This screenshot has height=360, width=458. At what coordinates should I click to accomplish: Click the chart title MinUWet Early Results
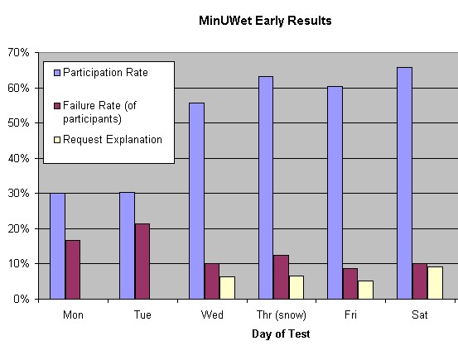coord(265,21)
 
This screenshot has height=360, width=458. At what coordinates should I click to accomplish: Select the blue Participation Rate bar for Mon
coord(57,246)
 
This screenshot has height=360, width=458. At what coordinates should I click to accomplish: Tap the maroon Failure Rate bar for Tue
coord(142,262)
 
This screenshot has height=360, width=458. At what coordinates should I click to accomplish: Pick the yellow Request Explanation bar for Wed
coord(227,288)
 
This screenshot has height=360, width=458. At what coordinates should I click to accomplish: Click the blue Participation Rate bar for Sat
coord(404,184)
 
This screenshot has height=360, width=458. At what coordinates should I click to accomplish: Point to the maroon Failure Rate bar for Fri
coord(350,284)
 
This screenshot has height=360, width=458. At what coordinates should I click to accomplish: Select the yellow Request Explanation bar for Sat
coord(435,283)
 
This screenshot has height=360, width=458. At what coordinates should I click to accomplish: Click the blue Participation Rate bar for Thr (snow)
coord(266,188)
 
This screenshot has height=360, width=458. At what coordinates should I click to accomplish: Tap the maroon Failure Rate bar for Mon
coord(73,270)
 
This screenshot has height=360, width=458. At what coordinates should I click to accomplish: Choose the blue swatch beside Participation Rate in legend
coord(57,73)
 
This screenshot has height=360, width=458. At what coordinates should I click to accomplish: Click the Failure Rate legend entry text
coord(99,112)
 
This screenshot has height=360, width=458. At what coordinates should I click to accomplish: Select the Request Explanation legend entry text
coord(113,140)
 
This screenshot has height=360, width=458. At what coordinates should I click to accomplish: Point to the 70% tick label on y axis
coord(18,53)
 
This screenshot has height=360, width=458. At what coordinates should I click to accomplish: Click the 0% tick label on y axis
coord(22,299)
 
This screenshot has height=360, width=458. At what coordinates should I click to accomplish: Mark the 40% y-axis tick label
coord(18,159)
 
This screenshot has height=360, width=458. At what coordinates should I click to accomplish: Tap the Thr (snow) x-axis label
coord(282,315)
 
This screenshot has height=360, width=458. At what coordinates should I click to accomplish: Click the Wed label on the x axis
coord(212,314)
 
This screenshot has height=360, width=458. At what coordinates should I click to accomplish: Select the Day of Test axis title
coord(281,334)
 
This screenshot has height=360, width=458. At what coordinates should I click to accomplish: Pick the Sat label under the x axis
coord(420,314)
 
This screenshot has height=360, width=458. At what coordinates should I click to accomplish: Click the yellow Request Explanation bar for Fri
coord(366,290)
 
